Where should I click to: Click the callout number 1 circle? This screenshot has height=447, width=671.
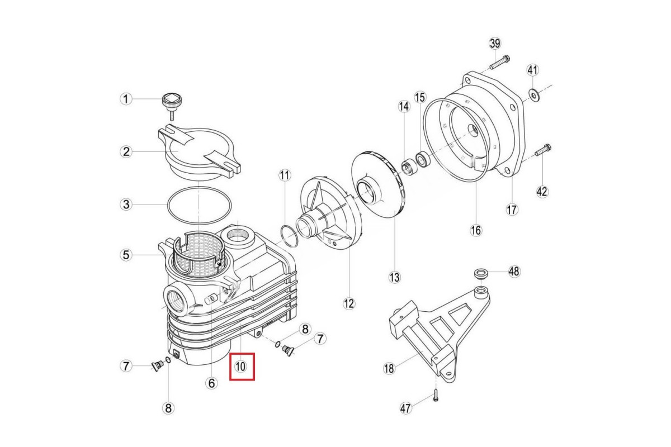pos(127,99)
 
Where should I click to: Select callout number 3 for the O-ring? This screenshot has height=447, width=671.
pos(127,205)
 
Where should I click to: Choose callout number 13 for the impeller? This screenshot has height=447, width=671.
pos(395,277)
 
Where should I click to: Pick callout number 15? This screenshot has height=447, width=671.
pos(420,97)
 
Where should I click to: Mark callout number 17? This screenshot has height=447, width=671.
pos(512,210)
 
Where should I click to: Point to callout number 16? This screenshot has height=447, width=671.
pos(475,230)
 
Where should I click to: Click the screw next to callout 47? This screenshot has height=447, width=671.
pos(436,397)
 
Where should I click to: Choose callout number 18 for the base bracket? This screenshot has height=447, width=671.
pos(390,368)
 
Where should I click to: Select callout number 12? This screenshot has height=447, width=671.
pos(349,303)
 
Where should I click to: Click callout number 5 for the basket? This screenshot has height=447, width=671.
pos(127,255)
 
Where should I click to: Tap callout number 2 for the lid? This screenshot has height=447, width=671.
pos(127,151)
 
